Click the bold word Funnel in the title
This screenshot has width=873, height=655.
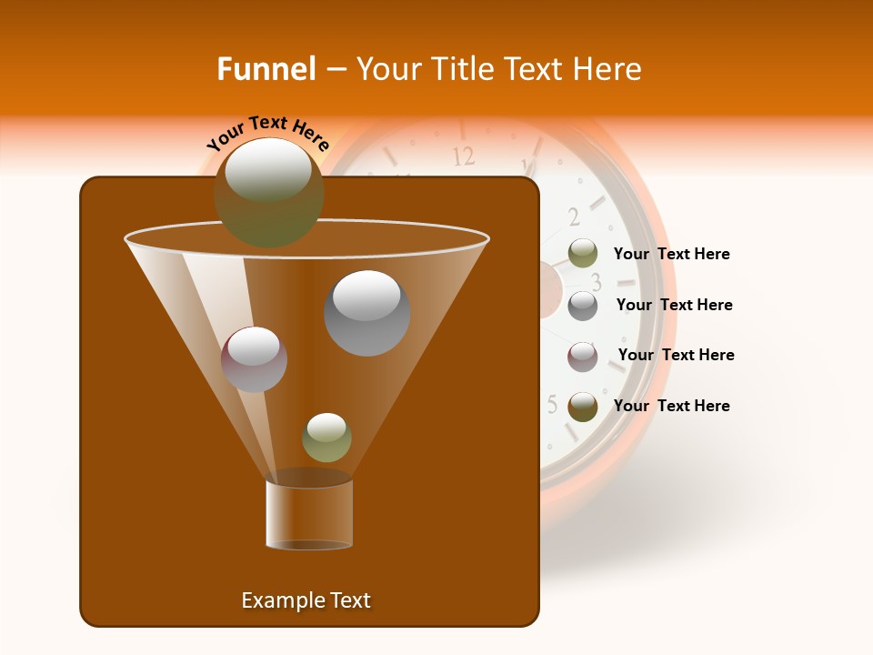(x=266, y=69)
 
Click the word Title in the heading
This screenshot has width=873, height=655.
(x=460, y=69)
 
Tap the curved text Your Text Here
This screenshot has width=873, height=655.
(x=268, y=134)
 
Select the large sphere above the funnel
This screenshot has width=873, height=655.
(x=268, y=192)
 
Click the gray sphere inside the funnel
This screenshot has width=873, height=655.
(x=366, y=313)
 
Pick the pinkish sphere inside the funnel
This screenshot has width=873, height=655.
(x=254, y=359)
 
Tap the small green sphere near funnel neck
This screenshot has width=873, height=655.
(x=326, y=438)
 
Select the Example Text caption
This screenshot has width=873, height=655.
(x=306, y=600)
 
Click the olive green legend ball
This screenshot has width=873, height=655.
(x=583, y=254)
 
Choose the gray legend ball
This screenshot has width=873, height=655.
(x=583, y=306)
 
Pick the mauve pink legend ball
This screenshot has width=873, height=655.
(x=583, y=357)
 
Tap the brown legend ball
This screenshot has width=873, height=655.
(x=583, y=407)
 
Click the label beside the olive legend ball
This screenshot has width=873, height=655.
(x=671, y=255)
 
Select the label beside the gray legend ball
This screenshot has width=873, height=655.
(x=674, y=306)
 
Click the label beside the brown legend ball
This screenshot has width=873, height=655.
(x=671, y=406)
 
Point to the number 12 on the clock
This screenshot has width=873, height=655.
(x=464, y=156)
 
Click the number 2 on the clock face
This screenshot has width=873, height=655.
(x=574, y=217)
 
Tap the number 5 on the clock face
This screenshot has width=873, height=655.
(x=552, y=404)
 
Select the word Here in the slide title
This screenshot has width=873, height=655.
(x=608, y=69)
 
